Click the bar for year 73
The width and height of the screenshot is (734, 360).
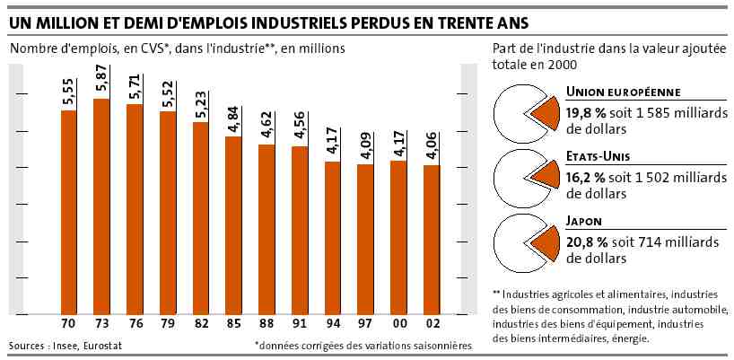[101, 206]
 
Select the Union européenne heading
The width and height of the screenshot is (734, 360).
[624, 92]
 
